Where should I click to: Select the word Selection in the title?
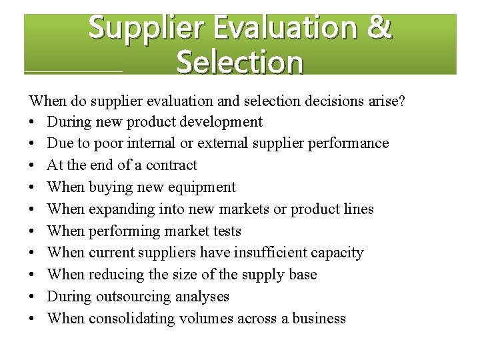click(240, 63)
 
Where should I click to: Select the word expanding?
click(119, 209)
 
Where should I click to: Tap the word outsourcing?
click(128, 297)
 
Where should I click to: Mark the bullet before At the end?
click(33, 165)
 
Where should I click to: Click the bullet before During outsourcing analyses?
click(33, 297)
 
